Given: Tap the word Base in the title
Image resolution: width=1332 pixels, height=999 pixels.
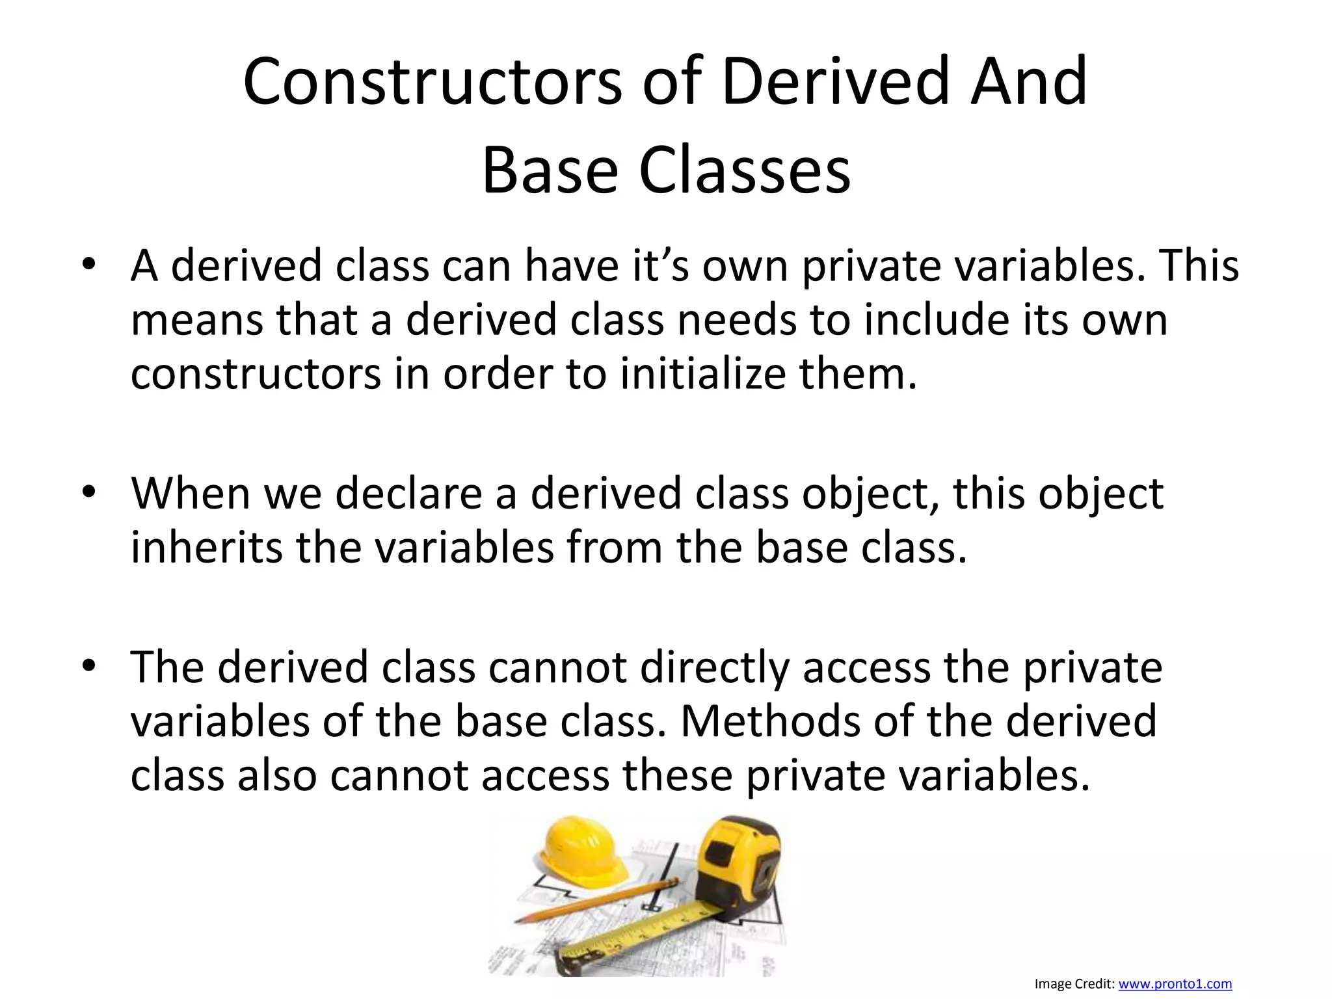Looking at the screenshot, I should pyautogui.click(x=550, y=170).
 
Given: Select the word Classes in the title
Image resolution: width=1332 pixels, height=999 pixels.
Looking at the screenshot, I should pyautogui.click(x=745, y=170).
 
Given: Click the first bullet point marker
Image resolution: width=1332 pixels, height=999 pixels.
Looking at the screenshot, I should pyautogui.click(x=89, y=264).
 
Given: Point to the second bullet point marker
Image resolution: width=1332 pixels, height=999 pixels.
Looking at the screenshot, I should pyautogui.click(x=89, y=492).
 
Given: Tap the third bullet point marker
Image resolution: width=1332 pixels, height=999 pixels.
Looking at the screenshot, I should pyautogui.click(x=89, y=666).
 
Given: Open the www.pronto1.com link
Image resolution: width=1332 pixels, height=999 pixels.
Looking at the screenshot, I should pyautogui.click(x=1175, y=984).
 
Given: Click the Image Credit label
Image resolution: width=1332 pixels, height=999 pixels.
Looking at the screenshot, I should pyautogui.click(x=1074, y=984).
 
